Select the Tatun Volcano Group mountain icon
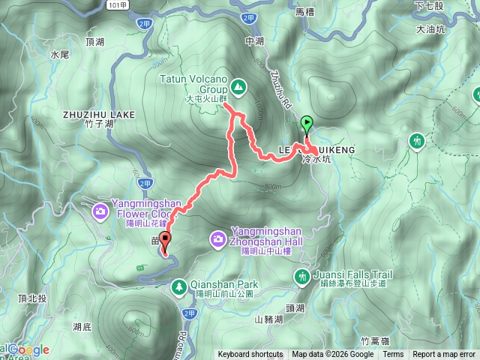click(238, 88)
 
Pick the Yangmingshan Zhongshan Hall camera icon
click(217, 238)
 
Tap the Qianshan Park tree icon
click(179, 285)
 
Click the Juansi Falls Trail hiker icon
click(302, 278)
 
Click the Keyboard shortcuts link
click(250, 355)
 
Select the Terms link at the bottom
click(393, 355)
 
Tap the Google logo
click(28, 349)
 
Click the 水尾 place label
click(60, 55)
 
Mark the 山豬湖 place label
click(268, 319)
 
